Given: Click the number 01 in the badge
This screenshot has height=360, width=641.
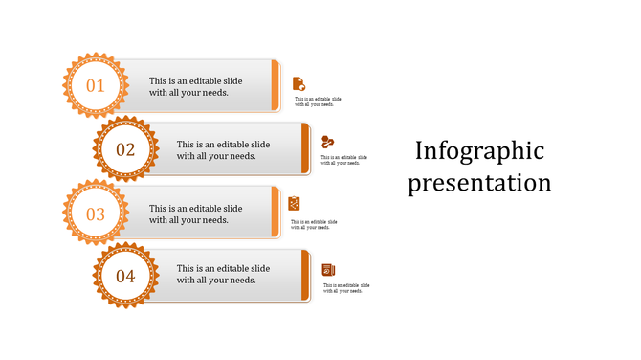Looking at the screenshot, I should [96, 86].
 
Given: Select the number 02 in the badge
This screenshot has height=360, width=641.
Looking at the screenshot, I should [125, 149].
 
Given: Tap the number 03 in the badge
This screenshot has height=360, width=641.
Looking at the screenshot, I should [96, 214].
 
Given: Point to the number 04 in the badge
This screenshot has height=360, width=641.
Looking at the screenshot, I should [125, 277].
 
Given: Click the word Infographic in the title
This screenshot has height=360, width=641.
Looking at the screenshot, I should [479, 151].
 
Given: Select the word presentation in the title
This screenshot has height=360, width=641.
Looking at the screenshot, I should [479, 182].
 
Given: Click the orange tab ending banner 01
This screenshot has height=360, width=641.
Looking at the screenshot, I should [276, 85].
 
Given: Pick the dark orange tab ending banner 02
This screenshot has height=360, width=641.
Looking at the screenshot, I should [305, 148].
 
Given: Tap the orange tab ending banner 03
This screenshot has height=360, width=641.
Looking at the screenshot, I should [276, 213].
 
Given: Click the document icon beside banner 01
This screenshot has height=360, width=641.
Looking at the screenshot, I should [298, 83].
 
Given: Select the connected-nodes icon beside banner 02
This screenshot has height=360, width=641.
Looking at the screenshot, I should [328, 142].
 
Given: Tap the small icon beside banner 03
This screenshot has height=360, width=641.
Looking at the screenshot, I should [295, 203].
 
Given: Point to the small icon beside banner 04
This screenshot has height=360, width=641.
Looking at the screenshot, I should [328, 270].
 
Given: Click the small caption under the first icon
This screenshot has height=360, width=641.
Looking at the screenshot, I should [318, 101].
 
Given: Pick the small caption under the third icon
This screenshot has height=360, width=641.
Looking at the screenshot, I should [315, 224].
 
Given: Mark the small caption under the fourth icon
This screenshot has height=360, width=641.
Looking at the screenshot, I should [346, 287].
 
